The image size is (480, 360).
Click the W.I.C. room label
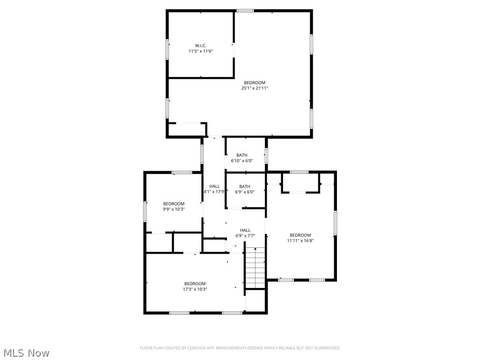[201, 45]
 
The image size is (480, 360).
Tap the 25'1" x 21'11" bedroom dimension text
[255, 88]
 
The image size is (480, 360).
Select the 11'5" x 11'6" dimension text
[201, 51]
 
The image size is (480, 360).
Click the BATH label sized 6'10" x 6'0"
[242, 155]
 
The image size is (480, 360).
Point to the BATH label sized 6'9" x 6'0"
[245, 186]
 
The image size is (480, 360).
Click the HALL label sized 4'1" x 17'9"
[214, 186]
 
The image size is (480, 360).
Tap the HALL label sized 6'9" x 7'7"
[245, 230]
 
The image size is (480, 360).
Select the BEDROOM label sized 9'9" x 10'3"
[174, 203]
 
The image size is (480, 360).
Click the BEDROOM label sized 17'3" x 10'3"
[195, 284]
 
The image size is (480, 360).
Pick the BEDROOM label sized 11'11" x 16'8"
[300, 235]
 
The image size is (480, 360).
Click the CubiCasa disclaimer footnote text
[240, 348]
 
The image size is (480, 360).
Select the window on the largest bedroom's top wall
[245, 10]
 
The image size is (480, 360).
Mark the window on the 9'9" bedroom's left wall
[145, 211]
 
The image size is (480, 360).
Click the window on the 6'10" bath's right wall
[266, 156]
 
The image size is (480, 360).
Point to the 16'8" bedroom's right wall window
[335, 223]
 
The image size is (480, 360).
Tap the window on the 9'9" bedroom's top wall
[181, 172]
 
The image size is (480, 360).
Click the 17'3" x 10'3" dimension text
[195, 289]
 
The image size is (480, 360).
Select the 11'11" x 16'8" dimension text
[300, 240]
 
